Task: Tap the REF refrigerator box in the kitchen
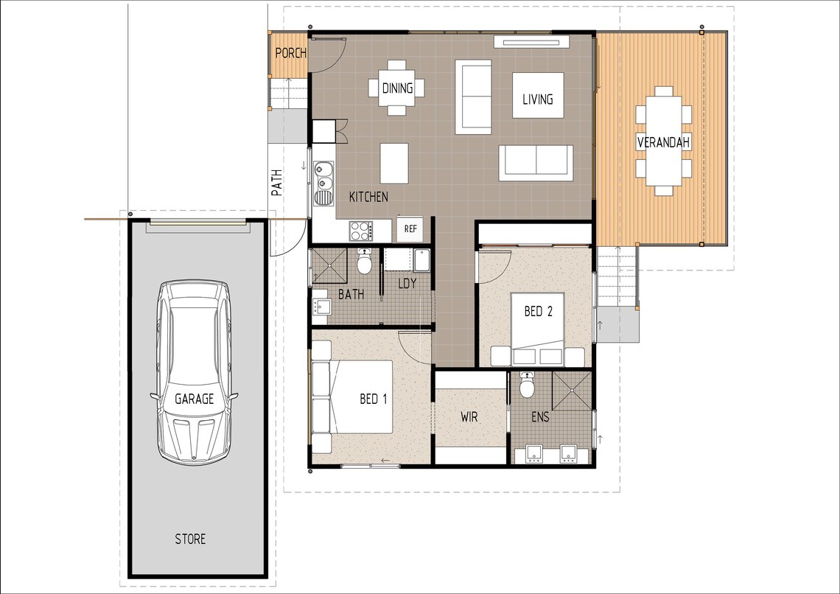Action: coord(410,229)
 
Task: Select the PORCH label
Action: coord(290,53)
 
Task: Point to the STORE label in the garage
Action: coord(190,539)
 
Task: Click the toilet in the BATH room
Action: coord(364,262)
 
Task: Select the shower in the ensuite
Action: coord(572,391)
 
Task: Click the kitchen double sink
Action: coord(323,182)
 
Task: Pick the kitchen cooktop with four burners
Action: coord(360,231)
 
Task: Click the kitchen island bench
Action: coord(394,163)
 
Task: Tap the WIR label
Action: coord(469,417)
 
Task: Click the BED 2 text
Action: coord(538,312)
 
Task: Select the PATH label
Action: coord(276,183)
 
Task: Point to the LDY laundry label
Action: coord(407,283)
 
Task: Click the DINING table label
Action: coord(397,88)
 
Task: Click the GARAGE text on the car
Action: coord(194,399)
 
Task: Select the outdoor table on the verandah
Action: coord(664,141)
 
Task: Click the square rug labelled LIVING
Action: coord(538,95)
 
